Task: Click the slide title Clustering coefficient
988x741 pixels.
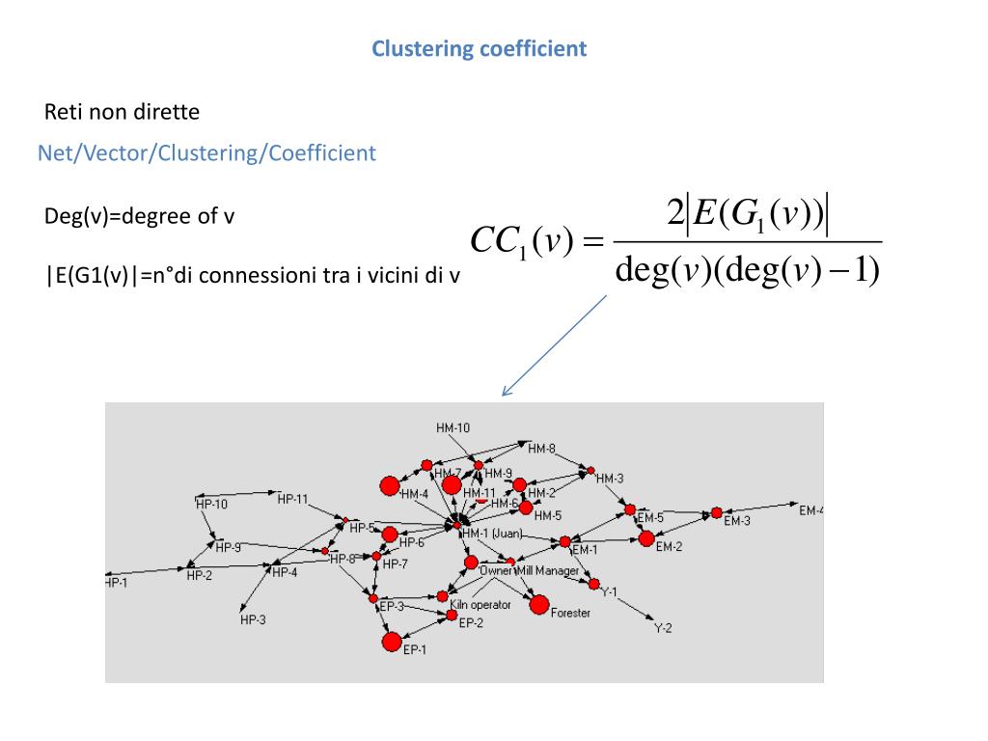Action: pyautogui.click(x=480, y=48)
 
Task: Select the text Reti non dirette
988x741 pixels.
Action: pyautogui.click(x=123, y=112)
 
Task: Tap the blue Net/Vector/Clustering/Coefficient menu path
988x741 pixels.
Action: pyautogui.click(x=206, y=152)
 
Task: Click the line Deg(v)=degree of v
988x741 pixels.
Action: pyautogui.click(x=140, y=216)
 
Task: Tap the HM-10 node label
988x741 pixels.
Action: pyautogui.click(x=453, y=427)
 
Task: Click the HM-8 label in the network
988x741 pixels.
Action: pyautogui.click(x=541, y=448)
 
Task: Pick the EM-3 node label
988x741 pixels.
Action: pyautogui.click(x=737, y=521)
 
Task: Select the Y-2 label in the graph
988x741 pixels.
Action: pyautogui.click(x=663, y=628)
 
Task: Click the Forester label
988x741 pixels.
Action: pyautogui.click(x=570, y=614)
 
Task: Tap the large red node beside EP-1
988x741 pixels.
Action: pyautogui.click(x=391, y=641)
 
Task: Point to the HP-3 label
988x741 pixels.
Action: pyautogui.click(x=253, y=620)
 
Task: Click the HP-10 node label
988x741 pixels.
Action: pyautogui.click(x=211, y=504)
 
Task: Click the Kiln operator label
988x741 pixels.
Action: pyautogui.click(x=480, y=605)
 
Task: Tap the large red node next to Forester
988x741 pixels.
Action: pyautogui.click(x=538, y=605)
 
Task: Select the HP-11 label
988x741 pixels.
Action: pyautogui.click(x=292, y=499)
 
